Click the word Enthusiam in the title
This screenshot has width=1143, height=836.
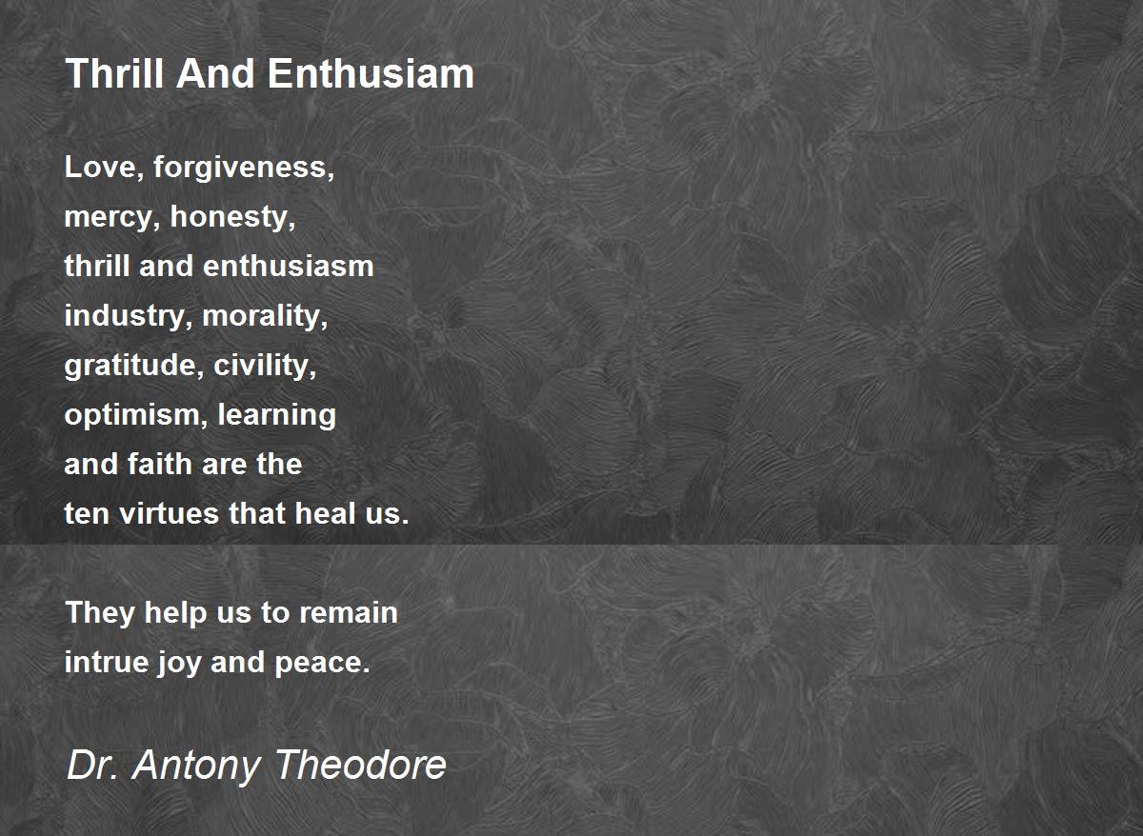point(371,73)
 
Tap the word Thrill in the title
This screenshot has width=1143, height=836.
point(116,73)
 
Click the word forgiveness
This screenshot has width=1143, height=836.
point(244,167)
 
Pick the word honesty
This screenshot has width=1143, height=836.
point(232,217)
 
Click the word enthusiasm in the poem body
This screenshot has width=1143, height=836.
point(289,266)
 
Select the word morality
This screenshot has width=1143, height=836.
point(265,316)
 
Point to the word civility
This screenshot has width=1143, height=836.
point(265,366)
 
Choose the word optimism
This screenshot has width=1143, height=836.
point(135,415)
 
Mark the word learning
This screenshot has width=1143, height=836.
point(277,415)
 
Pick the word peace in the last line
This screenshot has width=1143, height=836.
point(323,663)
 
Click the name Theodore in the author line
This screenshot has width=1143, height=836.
point(360,764)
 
